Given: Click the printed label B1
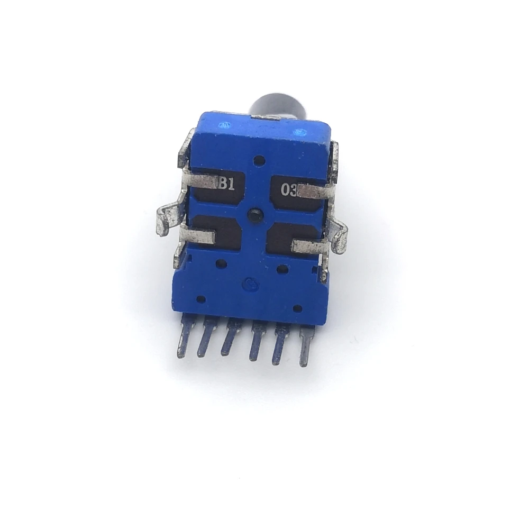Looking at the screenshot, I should tap(227, 184).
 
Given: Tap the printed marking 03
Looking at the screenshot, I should tap(289, 189).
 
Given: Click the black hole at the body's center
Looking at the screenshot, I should tap(254, 214).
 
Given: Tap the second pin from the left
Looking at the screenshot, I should tap(206, 340).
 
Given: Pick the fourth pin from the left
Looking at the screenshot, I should tap(257, 343).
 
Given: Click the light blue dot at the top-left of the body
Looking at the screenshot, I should tap(225, 126).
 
